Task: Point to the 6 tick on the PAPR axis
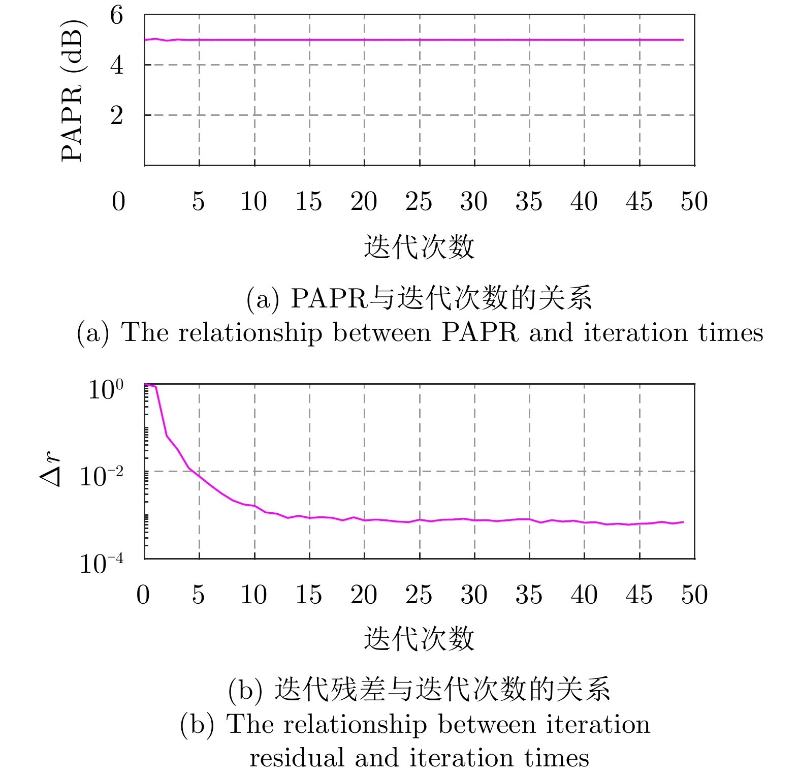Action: pyautogui.click(x=117, y=15)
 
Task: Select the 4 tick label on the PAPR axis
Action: pyautogui.click(x=117, y=65)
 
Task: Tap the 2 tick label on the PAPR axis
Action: pyautogui.click(x=117, y=115)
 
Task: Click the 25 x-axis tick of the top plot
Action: pyautogui.click(x=419, y=201)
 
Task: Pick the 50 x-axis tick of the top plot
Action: pyautogui.click(x=694, y=201)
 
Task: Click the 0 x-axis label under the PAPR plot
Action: pyautogui.click(x=118, y=201)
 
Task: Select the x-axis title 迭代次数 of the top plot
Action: pyautogui.click(x=419, y=247)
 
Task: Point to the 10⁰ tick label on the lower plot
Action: pyautogui.click(x=106, y=390)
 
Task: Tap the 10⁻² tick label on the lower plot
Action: pyautogui.click(x=102, y=476)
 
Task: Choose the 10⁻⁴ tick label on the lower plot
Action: pyautogui.click(x=102, y=563)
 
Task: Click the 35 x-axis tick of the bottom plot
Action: pyautogui.click(x=529, y=595)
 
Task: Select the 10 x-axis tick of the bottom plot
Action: pyautogui.click(x=254, y=595)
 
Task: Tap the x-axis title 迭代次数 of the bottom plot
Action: pyautogui.click(x=419, y=639)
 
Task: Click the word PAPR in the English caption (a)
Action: pyautogui.click(x=480, y=333)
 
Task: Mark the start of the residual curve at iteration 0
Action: pyautogui.click(x=145, y=385)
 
